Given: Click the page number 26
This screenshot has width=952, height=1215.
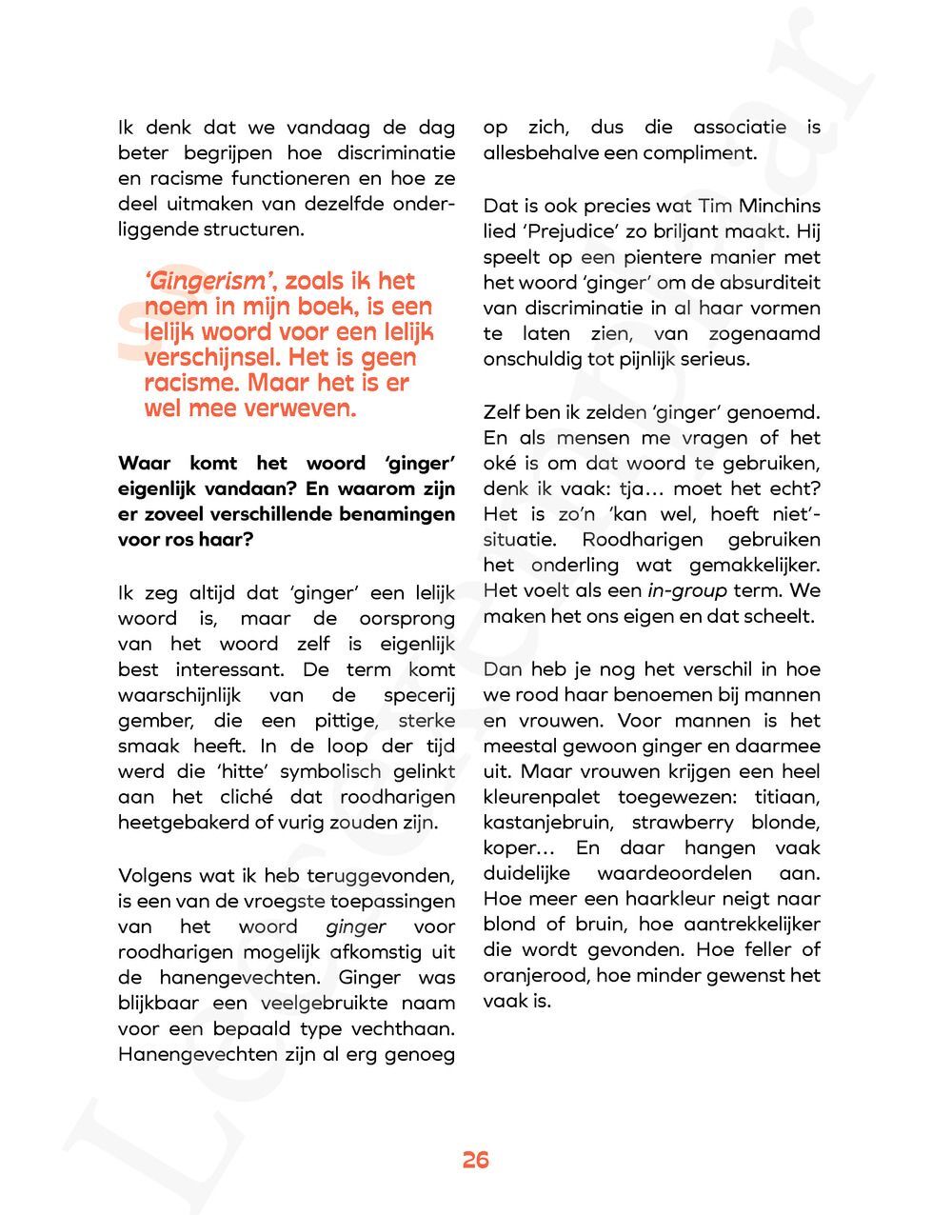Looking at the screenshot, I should click(x=475, y=1160).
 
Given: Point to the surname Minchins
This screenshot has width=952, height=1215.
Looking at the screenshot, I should click(x=777, y=206).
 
